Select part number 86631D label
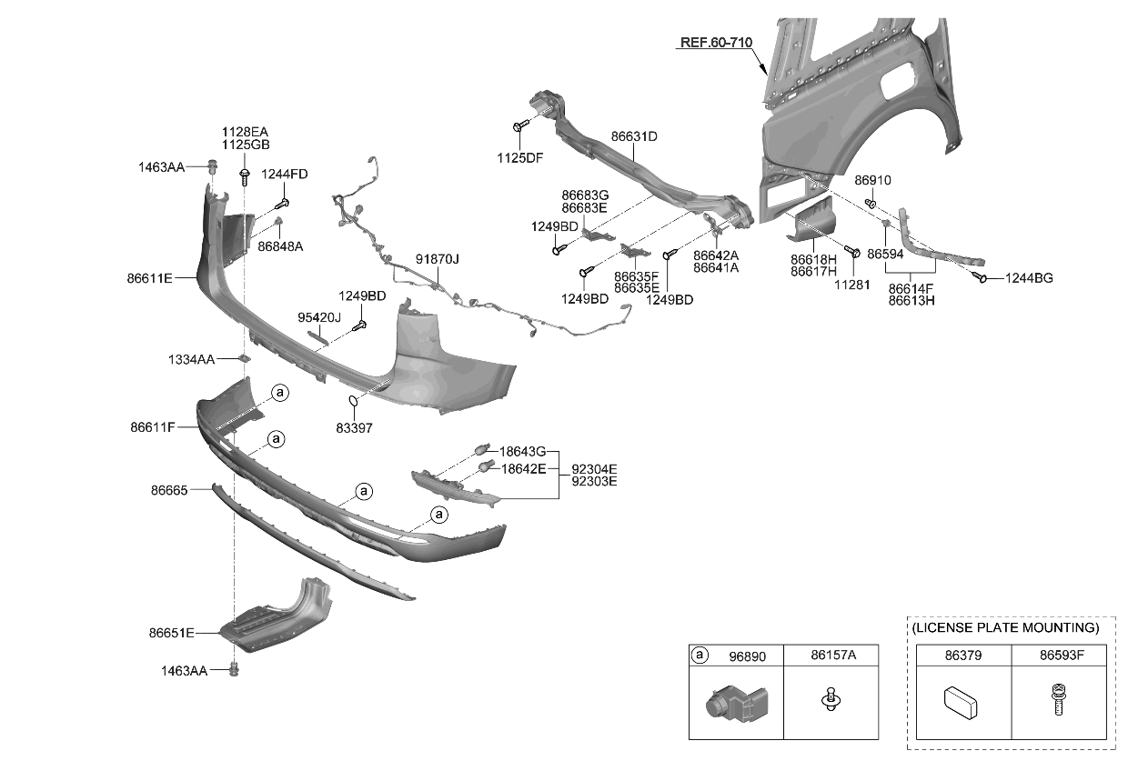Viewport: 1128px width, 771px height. point(634,136)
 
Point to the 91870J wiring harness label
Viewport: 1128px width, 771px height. point(438,259)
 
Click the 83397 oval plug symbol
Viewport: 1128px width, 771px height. point(355,401)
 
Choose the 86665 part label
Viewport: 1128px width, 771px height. point(169,490)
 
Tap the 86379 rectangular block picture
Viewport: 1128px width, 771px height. point(961,703)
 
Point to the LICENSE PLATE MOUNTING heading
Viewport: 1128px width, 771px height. point(1005,627)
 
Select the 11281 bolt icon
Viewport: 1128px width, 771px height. point(853,251)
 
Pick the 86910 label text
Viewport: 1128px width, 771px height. point(872,180)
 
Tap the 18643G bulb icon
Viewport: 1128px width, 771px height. point(480,449)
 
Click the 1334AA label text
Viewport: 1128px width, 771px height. point(191,360)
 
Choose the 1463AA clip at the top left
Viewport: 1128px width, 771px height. point(213,166)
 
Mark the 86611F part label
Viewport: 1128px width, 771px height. point(152,426)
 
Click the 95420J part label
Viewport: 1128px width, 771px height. point(318,317)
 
